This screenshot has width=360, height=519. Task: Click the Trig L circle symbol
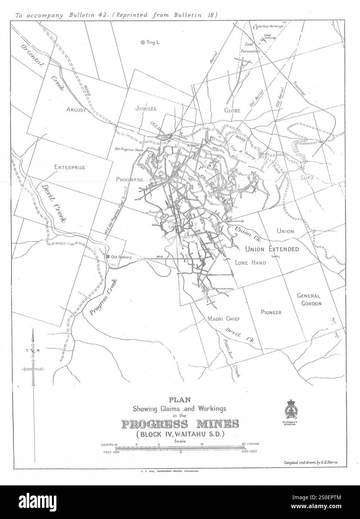click(x=142, y=43)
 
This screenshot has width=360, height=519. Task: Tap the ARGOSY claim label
click(x=77, y=109)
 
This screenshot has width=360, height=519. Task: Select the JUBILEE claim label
click(x=146, y=108)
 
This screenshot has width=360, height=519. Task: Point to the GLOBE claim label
click(x=232, y=110)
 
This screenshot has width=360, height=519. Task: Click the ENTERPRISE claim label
click(x=69, y=167)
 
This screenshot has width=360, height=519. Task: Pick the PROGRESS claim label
click(x=129, y=180)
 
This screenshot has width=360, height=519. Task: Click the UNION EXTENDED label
click(x=272, y=249)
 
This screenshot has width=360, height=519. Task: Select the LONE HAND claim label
click(x=250, y=263)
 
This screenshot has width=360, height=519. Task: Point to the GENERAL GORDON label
click(x=309, y=299)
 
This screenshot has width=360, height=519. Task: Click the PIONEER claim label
click(x=271, y=312)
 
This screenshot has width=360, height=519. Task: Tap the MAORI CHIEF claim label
click(x=223, y=319)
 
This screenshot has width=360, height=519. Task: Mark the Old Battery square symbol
click(x=108, y=257)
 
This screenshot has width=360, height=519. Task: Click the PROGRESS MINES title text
click(x=180, y=424)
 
